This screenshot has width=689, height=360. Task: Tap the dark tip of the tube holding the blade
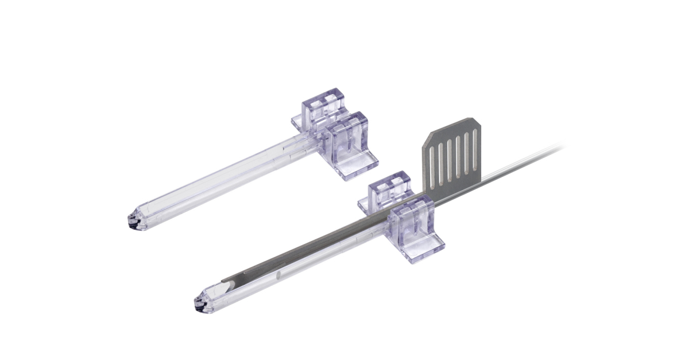tap(202, 305)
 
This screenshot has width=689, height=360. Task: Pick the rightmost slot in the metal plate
tap(475, 150)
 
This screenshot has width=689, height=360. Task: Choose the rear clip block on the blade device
tap(390, 186)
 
